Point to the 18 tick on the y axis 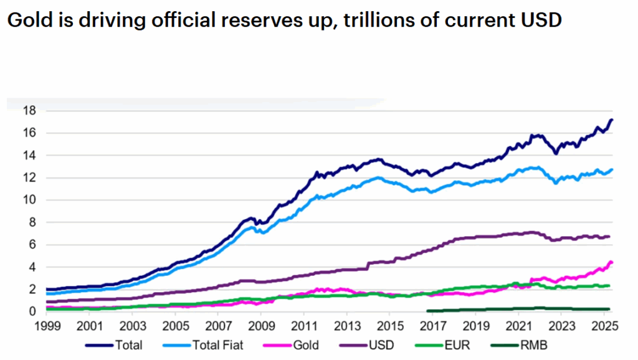click(x=29, y=111)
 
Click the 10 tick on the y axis click(x=29, y=200)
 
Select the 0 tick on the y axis click(x=32, y=311)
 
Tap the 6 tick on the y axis click(x=32, y=245)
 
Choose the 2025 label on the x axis click(x=602, y=326)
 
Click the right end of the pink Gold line click(x=612, y=262)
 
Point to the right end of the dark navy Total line click(x=612, y=120)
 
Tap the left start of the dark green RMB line click(x=427, y=310)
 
